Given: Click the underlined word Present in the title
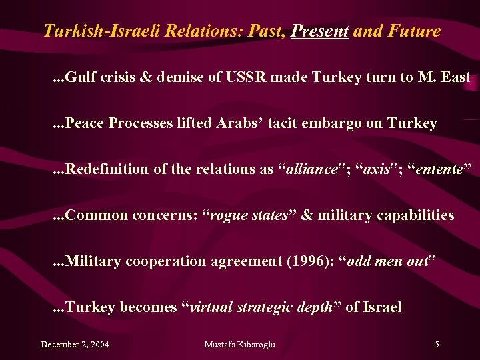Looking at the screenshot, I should pos(320,31).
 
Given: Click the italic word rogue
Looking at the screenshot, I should pos(231,215).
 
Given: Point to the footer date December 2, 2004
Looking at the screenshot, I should pos(75,345).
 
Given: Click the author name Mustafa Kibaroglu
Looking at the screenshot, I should pos(239,345).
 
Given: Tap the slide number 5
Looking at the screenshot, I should pos(437,345).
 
